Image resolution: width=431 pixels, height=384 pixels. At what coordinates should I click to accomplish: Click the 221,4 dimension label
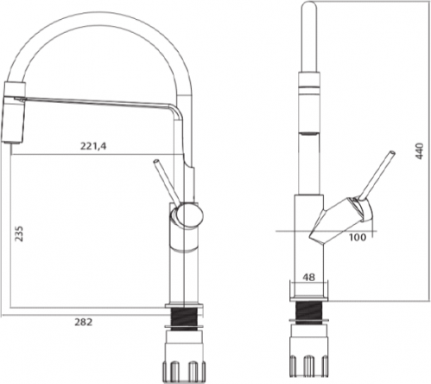93,146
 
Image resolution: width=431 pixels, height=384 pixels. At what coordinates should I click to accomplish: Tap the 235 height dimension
19,234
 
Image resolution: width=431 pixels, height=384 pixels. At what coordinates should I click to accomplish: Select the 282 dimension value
84,322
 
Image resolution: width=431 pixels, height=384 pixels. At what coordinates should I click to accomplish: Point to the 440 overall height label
420,151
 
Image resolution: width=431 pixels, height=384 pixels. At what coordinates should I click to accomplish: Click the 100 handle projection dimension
358,238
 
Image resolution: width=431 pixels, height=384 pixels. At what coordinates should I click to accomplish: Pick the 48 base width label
309,278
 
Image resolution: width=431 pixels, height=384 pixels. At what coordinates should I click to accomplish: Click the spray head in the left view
15,112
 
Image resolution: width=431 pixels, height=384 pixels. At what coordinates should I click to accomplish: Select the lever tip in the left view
156,161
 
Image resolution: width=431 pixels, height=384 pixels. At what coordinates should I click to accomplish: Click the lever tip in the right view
392,152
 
